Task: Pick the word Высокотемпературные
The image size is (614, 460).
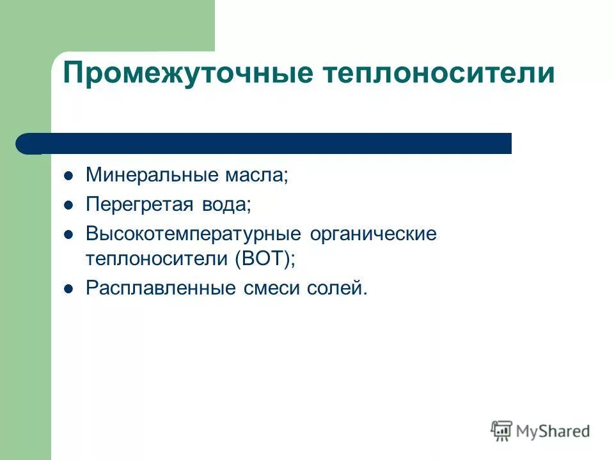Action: click(x=193, y=234)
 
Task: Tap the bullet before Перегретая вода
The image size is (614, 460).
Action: click(x=69, y=204)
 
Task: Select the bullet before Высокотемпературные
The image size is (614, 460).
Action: click(x=69, y=234)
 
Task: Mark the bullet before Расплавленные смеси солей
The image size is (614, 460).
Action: click(x=69, y=288)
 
